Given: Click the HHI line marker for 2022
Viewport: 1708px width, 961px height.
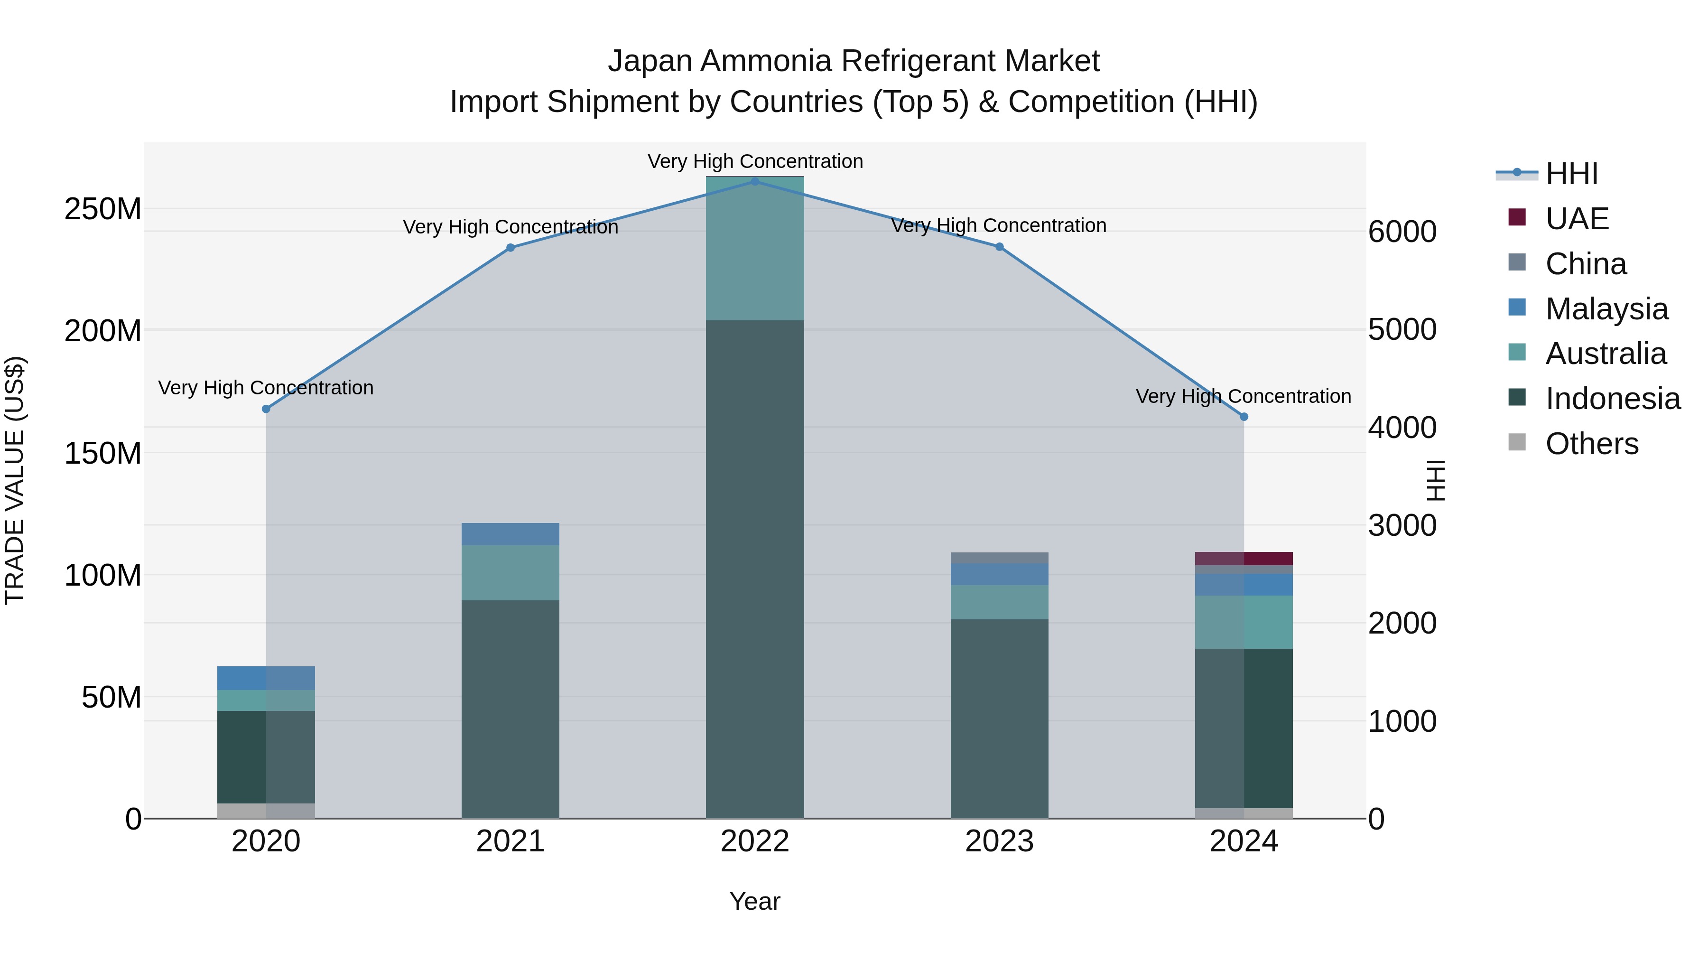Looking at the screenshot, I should (x=754, y=181).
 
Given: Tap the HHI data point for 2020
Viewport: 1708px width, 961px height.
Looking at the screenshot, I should (x=266, y=409).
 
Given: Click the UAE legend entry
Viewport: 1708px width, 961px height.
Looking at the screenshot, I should (x=1576, y=219).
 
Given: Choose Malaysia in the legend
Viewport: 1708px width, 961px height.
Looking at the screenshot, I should (x=1606, y=309).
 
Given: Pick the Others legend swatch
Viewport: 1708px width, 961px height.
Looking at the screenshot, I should (x=1516, y=442).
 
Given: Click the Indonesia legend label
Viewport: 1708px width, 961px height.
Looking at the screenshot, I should (x=1613, y=399).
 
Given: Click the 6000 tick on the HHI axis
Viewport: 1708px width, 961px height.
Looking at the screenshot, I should (x=1402, y=232).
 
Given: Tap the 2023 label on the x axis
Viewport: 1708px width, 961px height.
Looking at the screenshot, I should (x=999, y=841).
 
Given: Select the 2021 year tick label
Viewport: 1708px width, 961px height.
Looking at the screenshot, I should (x=510, y=841).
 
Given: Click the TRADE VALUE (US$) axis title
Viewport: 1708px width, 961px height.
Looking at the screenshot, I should (x=15, y=480).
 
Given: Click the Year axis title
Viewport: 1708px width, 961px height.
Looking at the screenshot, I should (x=754, y=901).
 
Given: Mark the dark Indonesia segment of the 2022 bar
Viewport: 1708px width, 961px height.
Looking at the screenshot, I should (x=754, y=564).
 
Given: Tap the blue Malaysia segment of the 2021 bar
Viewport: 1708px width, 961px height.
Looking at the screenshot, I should (x=510, y=534).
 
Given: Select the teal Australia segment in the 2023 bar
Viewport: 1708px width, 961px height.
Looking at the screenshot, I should (x=999, y=602).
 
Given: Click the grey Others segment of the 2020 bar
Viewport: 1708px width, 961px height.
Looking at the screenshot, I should (x=266, y=811).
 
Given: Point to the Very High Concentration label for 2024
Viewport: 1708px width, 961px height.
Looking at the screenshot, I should (x=1243, y=396).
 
